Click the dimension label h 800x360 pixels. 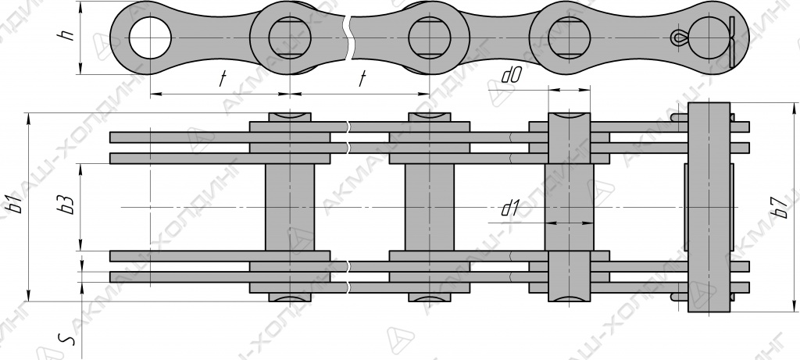coord(67,33)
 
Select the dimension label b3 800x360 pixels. coord(66,204)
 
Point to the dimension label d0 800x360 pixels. coord(511,76)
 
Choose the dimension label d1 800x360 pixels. coord(509,208)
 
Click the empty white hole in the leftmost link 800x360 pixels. coord(150,38)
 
